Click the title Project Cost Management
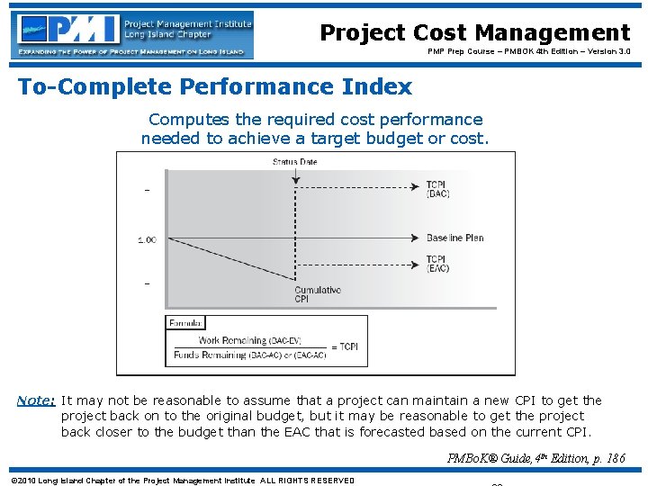tap(474, 33)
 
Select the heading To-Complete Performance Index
tap(215, 87)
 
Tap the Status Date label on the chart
tap(294, 162)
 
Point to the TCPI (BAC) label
tap(438, 191)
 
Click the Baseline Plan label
tap(455, 238)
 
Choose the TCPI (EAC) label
tap(438, 265)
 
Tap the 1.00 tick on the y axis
tap(147, 239)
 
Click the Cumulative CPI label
tap(318, 294)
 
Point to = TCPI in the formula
tap(346, 347)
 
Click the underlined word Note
tap(37, 400)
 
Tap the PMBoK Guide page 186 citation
tap(535, 458)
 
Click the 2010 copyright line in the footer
tap(182, 480)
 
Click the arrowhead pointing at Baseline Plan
tap(418, 238)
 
